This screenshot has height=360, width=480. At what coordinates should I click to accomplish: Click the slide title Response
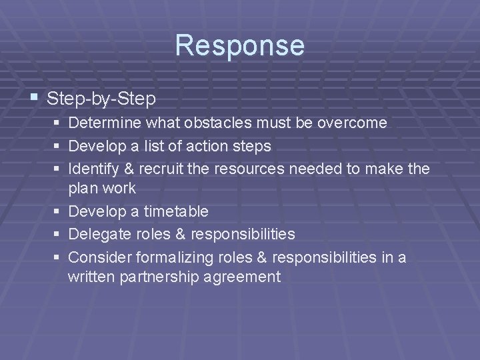click(240, 45)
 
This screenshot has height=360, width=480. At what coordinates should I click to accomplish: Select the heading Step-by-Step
click(101, 99)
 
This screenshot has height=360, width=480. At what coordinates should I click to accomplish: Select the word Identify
click(93, 168)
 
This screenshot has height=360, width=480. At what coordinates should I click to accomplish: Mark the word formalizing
click(174, 257)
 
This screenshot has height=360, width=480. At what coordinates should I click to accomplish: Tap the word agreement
click(245, 277)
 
